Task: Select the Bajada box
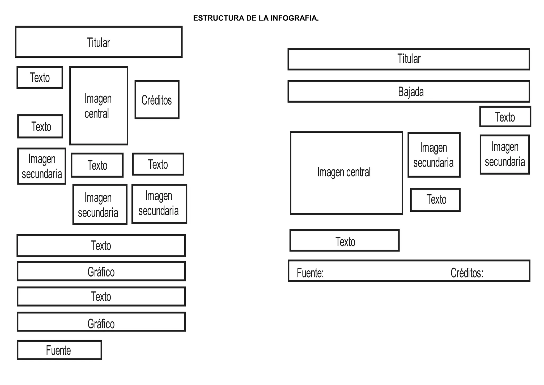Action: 409,91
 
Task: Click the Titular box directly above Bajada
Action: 409,59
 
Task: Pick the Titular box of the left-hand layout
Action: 99,42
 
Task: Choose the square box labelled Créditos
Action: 157,100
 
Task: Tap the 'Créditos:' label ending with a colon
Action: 467,273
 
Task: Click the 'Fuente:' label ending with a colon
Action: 310,273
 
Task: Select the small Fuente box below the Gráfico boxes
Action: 59,350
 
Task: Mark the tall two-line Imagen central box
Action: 99,106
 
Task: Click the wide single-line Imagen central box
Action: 346,173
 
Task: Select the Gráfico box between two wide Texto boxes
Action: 101,271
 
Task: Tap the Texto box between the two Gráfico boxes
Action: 101,296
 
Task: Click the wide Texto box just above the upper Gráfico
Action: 101,245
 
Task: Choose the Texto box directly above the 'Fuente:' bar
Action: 345,241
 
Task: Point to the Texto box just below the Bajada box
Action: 505,117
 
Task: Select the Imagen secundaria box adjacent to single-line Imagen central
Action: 434,155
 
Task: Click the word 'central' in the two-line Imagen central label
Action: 97,114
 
